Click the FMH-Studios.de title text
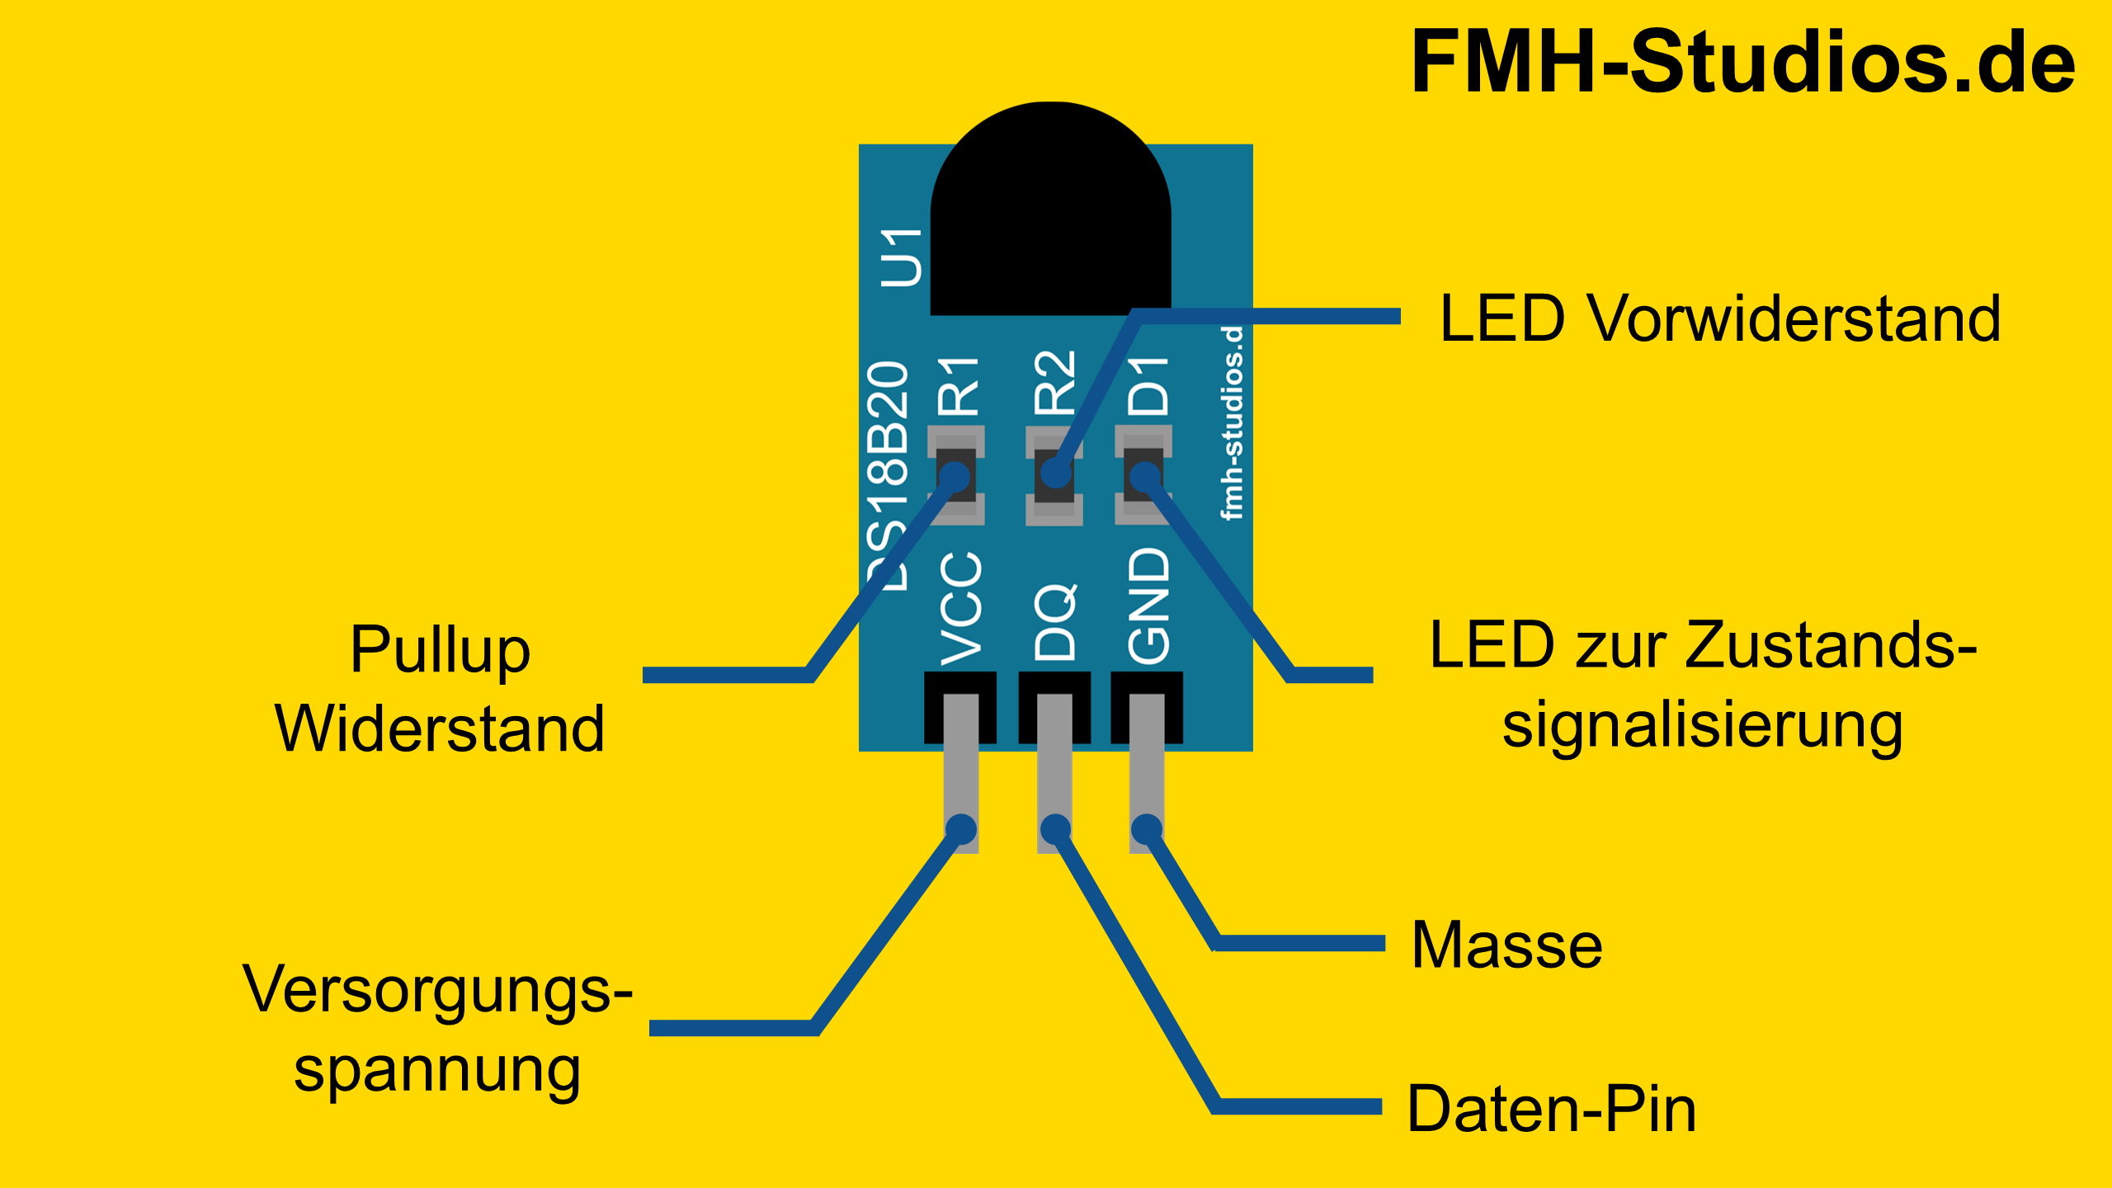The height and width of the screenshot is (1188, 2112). [x=1742, y=62]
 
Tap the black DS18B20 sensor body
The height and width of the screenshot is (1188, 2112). [x=1050, y=214]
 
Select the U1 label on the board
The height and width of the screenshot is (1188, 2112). [x=901, y=257]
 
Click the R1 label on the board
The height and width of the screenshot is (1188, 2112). [x=959, y=386]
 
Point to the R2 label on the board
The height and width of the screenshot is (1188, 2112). [x=1055, y=383]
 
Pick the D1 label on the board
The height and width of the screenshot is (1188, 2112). [x=1148, y=386]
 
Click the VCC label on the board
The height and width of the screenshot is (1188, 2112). [x=961, y=609]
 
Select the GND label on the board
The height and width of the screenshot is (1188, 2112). [x=1148, y=606]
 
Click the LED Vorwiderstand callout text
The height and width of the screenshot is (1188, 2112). [x=1720, y=318]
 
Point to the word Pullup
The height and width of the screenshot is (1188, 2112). [x=440, y=650]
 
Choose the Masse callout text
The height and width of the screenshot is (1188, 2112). [x=1507, y=945]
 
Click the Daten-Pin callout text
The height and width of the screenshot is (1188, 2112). [x=1552, y=1109]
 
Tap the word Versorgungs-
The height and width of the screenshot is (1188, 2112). [x=437, y=990]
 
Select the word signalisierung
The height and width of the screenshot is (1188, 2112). [x=1702, y=726]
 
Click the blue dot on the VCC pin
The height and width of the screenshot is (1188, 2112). [x=961, y=828]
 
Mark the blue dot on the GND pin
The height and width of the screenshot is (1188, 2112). [x=1146, y=828]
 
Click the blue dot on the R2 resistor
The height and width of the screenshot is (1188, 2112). [x=1055, y=474]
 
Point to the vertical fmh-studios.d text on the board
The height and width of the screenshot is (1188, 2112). [x=1232, y=423]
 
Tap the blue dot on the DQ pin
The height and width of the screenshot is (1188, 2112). [x=1055, y=828]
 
